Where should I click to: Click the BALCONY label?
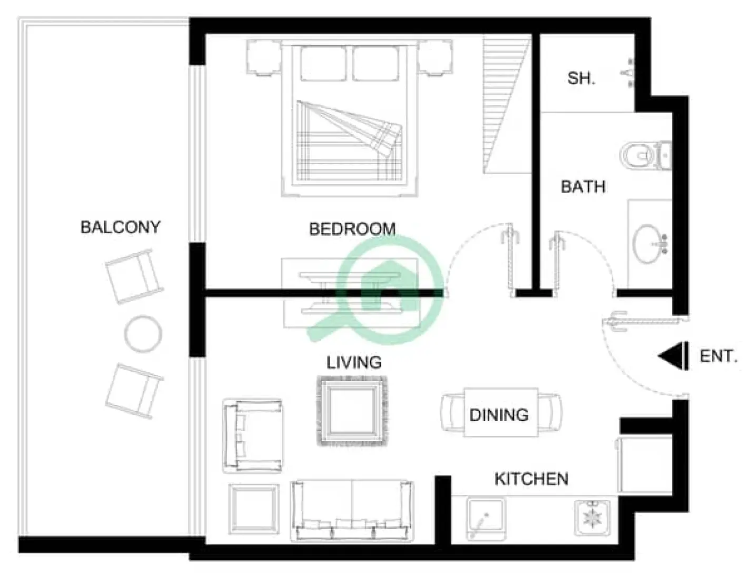coord(120,227)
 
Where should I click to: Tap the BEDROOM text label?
coord(352,229)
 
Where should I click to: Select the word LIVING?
coord(354,363)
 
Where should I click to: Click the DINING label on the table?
coord(499,415)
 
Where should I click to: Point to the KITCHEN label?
coord(531,479)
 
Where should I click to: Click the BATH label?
coord(582,187)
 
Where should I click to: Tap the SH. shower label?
coord(581,79)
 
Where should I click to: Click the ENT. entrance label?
coord(718,357)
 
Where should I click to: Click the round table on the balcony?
coord(143,333)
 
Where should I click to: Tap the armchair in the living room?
coord(252,435)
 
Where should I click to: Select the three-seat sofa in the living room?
coord(351,509)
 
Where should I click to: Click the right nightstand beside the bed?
coord(435,58)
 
